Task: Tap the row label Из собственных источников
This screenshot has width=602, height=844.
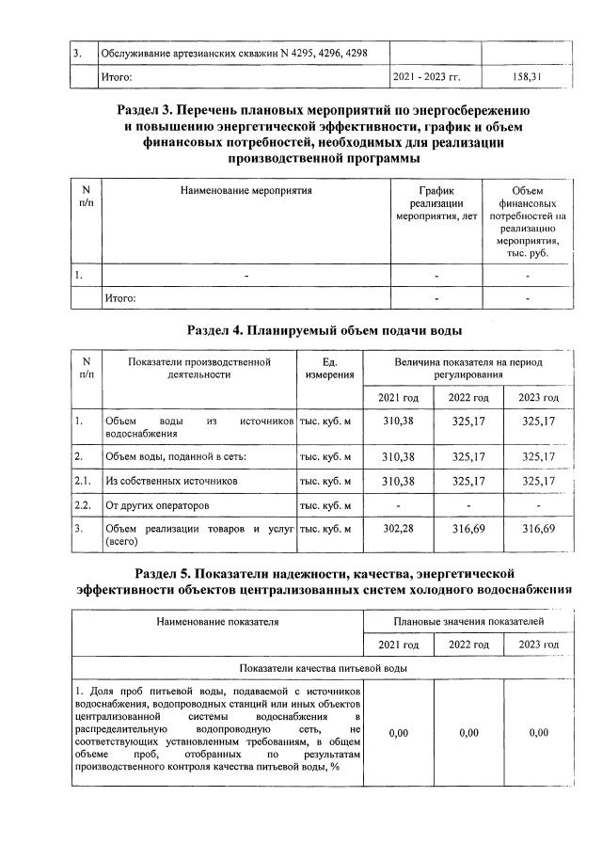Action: pyautogui.click(x=170, y=481)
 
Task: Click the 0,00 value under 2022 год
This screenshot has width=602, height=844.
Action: pyautogui.click(x=468, y=733)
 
